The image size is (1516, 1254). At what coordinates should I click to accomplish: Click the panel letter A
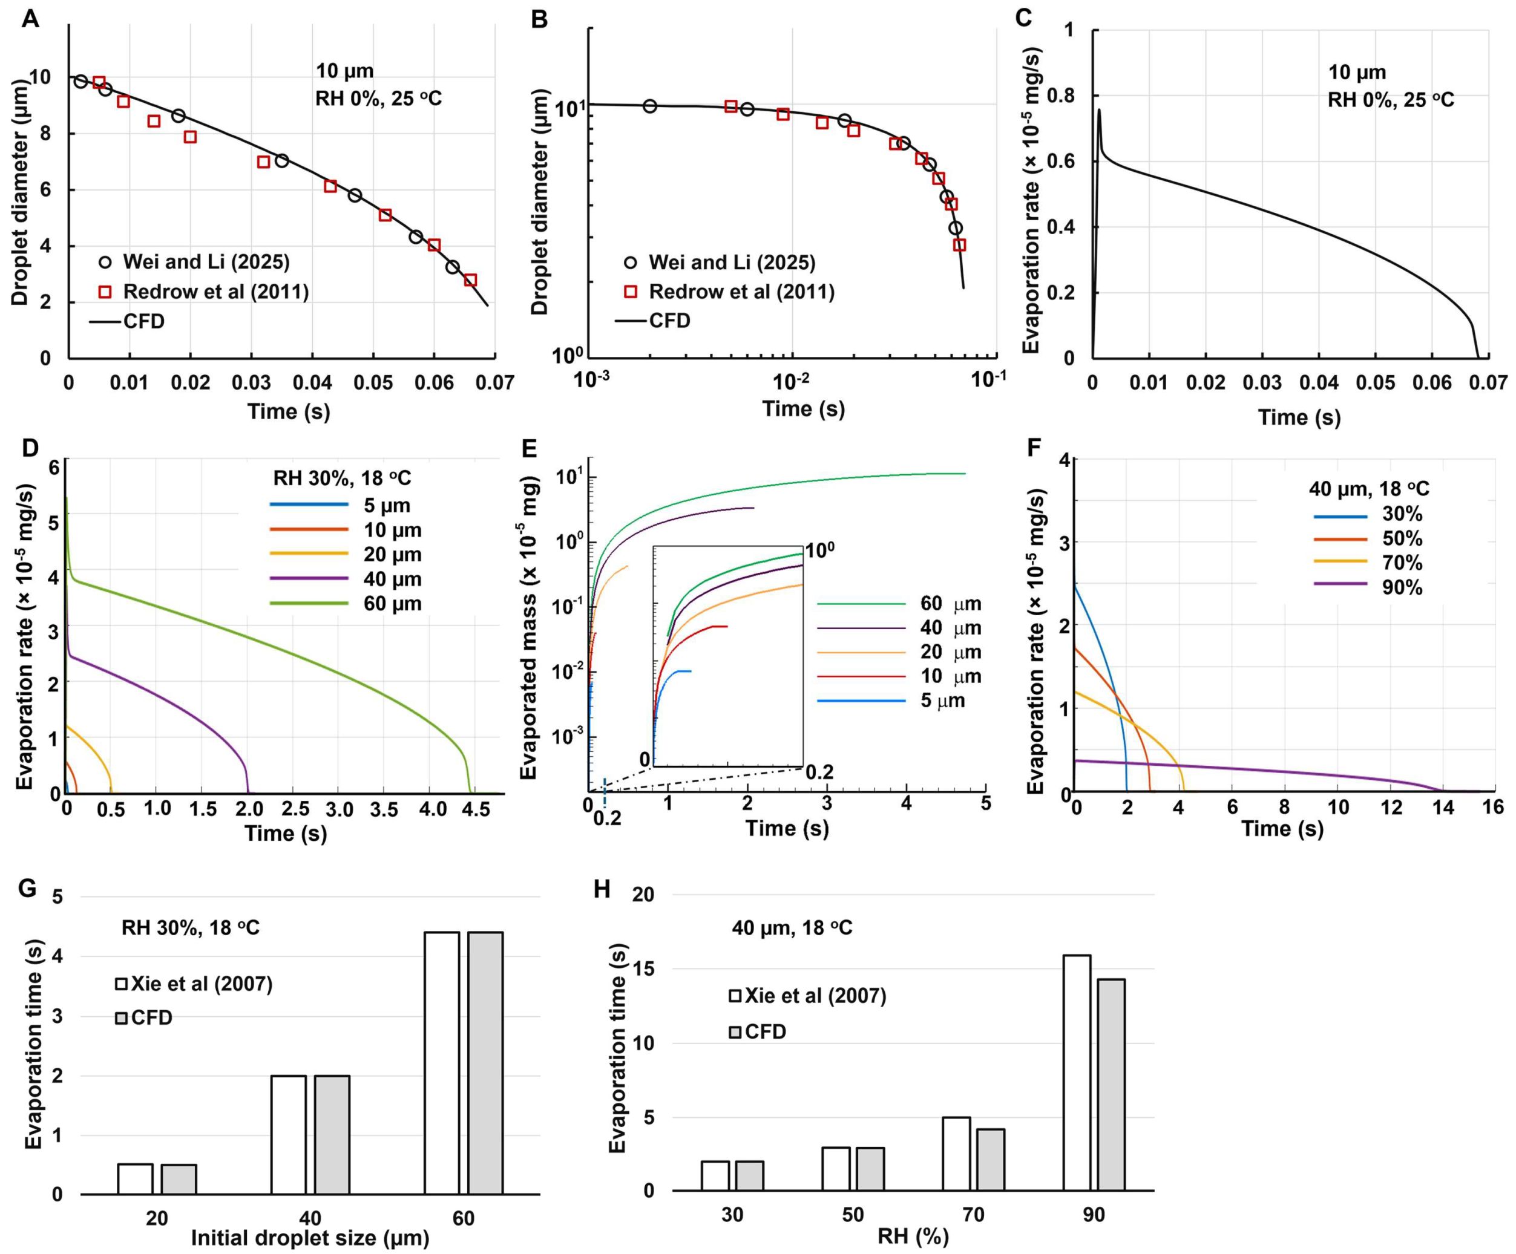30,19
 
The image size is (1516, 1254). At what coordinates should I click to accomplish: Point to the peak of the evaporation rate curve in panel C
1099,110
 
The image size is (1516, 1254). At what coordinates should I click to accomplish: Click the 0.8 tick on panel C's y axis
1070,95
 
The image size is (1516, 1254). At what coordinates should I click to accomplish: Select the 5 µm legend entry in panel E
942,700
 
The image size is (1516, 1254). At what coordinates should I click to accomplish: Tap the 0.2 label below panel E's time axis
607,819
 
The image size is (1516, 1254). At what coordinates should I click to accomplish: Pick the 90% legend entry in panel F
1401,587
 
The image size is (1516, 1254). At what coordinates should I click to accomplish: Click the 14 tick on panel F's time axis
1443,806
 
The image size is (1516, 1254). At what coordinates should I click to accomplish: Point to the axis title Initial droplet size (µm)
310,1238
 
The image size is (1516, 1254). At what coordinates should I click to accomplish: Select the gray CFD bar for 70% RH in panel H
991,1160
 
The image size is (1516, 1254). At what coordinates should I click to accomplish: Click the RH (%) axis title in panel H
913,1236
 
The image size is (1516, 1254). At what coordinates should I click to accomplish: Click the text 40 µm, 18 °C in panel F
1369,488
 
